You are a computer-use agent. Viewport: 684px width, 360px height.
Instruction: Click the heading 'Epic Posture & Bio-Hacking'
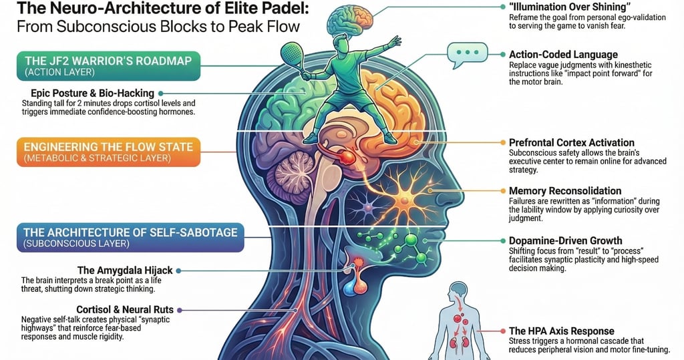coord(92,93)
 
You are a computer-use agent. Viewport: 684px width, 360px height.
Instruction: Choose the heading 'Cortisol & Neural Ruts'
coord(125,310)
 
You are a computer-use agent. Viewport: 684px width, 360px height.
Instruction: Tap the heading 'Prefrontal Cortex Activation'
coord(572,143)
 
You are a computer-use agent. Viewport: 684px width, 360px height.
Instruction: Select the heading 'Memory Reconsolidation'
coord(565,191)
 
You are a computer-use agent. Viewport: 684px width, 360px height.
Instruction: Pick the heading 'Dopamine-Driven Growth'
coord(565,240)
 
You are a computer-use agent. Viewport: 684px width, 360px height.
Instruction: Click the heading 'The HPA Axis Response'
coord(561,331)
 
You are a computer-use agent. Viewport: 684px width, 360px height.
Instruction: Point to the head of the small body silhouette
coord(458,291)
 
